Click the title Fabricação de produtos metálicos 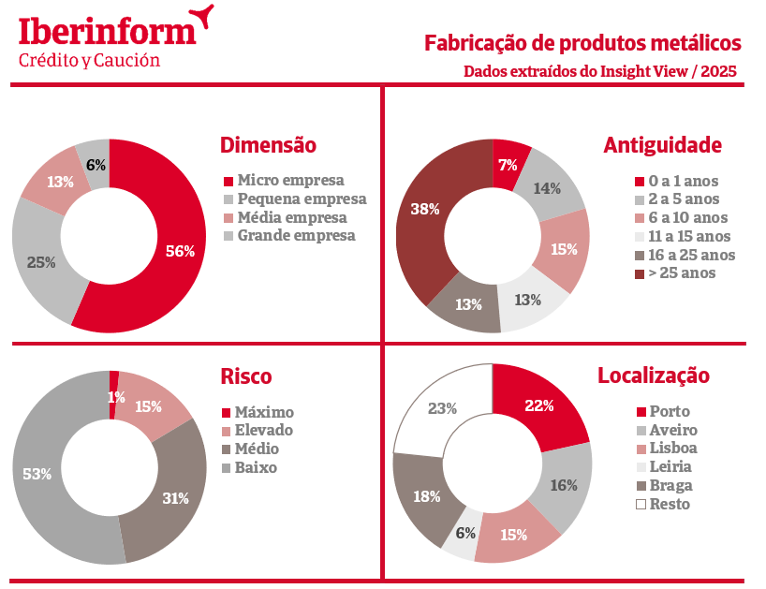(582, 43)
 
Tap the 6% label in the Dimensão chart (96, 165)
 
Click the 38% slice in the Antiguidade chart (426, 210)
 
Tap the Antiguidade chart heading (662, 145)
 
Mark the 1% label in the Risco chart (115, 397)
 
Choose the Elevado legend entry (263, 431)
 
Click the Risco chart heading (246, 376)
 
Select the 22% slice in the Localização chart (539, 405)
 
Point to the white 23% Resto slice (442, 409)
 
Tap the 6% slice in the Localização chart (465, 533)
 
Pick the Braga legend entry (669, 485)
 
